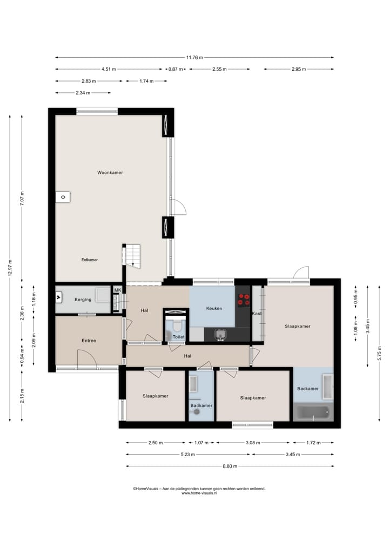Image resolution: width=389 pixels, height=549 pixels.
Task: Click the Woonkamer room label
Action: coord(110,172)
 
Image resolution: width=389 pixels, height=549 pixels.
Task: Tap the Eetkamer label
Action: coord(90,260)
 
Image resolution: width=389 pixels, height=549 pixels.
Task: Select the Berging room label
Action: coord(83,300)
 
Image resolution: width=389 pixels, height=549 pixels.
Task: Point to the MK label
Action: coord(117,290)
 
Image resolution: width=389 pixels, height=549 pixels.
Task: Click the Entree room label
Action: coord(89,340)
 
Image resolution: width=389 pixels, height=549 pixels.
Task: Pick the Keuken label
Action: coord(214,308)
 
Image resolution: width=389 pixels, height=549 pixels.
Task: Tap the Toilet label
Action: coord(179,337)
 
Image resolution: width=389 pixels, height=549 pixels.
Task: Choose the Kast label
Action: coord(257,313)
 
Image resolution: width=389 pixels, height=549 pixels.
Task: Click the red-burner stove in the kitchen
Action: coord(244,299)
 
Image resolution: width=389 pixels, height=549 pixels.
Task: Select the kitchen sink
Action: coord(220,334)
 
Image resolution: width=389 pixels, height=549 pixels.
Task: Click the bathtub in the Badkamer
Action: coord(313,412)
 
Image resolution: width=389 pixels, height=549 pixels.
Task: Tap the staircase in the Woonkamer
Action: coord(132,256)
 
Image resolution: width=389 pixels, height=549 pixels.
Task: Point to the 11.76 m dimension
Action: coord(194,57)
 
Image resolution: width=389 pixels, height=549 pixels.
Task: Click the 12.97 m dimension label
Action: coord(10,268)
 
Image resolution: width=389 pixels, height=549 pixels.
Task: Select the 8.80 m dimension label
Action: coord(230,466)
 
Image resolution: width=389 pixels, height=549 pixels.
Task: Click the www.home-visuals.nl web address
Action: coord(199,493)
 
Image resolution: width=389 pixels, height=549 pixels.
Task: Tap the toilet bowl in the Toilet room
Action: coord(177,326)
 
